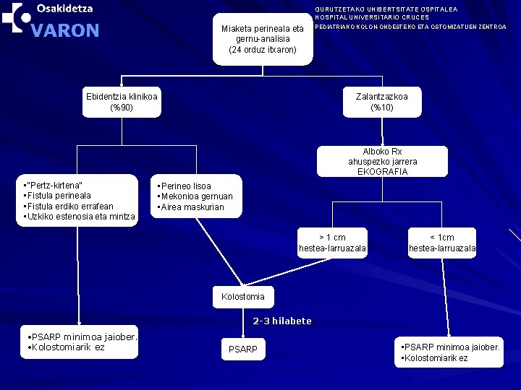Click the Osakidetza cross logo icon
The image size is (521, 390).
(16, 17)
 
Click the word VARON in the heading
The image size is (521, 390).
(66, 31)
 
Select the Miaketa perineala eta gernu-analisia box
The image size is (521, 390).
(262, 39)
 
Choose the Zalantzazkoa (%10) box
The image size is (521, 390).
(381, 102)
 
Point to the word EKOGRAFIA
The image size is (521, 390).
(383, 172)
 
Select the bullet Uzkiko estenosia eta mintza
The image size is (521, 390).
(80, 216)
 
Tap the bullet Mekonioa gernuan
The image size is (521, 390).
(195, 196)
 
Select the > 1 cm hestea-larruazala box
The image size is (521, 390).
(332, 243)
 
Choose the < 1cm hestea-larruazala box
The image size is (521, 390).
(442, 243)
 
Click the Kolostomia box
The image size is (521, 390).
(242, 297)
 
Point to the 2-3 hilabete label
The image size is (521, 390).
(281, 321)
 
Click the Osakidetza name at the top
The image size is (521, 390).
(64, 9)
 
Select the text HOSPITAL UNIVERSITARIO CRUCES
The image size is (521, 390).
(372, 17)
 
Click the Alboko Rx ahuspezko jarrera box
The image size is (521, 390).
(382, 157)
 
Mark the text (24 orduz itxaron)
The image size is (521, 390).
(262, 50)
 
